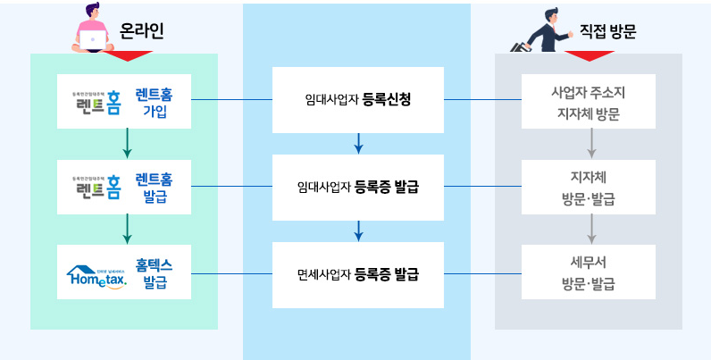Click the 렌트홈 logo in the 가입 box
point(97,102)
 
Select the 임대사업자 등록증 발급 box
point(357,188)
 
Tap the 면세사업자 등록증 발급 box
point(357,274)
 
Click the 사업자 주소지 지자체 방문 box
point(589,101)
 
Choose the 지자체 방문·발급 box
point(589,188)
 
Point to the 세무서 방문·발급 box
point(589,273)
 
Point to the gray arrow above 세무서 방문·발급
point(590,230)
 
